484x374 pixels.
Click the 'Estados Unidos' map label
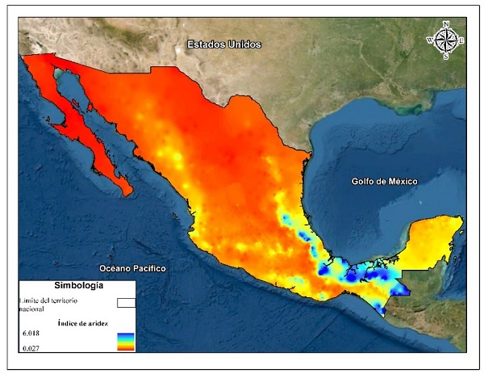point(223,44)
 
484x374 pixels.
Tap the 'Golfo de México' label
point(384,182)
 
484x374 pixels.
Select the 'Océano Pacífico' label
point(132,267)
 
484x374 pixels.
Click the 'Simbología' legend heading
point(77,285)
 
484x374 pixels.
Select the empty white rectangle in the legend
point(127,303)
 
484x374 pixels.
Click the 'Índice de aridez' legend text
point(82,322)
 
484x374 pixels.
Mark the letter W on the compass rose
point(429,38)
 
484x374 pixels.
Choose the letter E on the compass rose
point(462,38)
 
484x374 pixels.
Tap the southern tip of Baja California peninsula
point(127,193)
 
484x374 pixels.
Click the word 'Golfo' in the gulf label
point(365,182)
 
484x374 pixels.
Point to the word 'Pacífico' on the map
point(148,267)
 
